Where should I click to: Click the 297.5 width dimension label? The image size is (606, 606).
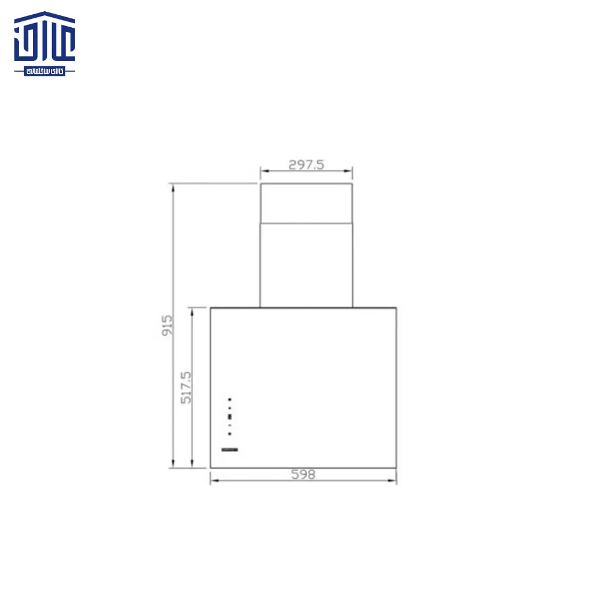(x=306, y=165)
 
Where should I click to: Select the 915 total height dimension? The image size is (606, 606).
(x=167, y=325)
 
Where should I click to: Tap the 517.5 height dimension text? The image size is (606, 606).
(x=186, y=388)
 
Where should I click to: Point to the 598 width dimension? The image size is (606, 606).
(x=303, y=474)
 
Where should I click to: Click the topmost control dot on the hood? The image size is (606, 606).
(x=230, y=399)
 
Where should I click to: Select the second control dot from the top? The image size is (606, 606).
(x=230, y=408)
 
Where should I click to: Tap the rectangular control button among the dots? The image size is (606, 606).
(x=230, y=417)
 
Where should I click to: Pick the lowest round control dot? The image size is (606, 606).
(x=230, y=434)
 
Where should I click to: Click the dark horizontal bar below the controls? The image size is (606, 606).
(x=230, y=450)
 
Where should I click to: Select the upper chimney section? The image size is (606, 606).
(x=306, y=203)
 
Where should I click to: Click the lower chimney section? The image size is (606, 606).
(x=306, y=265)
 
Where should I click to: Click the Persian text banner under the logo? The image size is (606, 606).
(x=45, y=71)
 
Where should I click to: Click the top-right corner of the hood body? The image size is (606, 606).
(x=396, y=308)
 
